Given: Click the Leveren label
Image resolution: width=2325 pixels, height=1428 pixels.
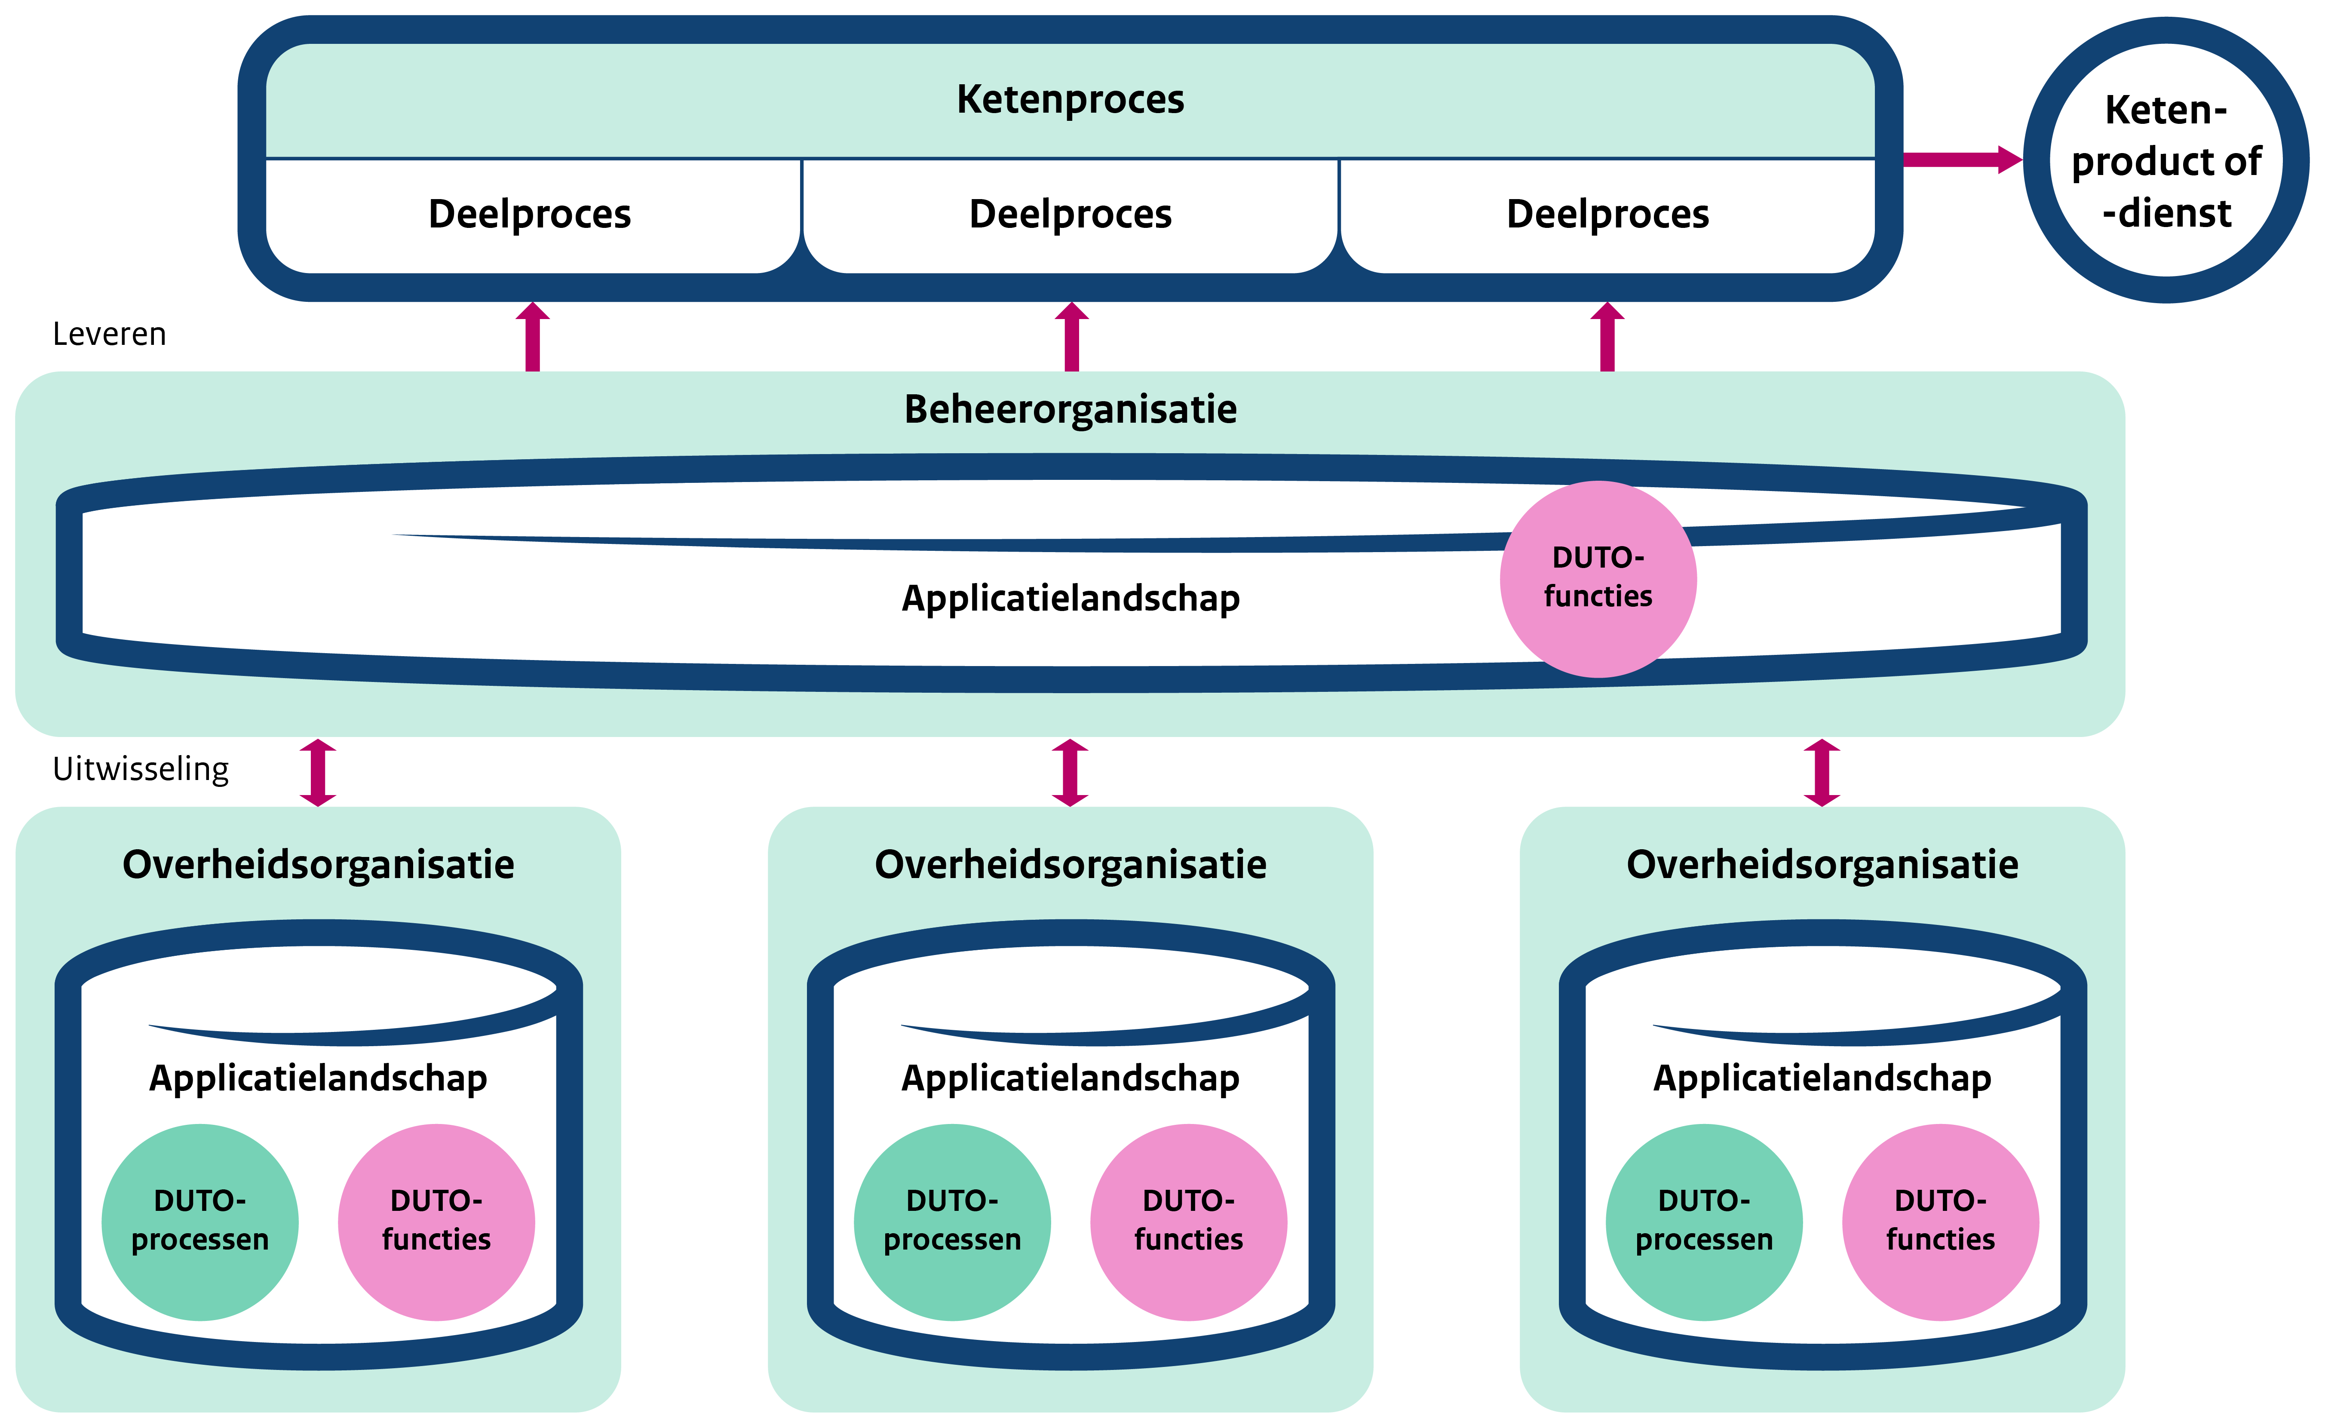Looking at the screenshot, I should click(x=110, y=335).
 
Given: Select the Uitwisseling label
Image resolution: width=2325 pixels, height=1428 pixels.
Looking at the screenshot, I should click(x=141, y=769).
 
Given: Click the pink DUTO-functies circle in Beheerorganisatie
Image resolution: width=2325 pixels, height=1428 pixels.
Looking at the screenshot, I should click(x=1598, y=578).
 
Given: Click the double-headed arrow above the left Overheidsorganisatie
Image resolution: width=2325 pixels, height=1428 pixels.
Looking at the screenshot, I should click(x=318, y=773).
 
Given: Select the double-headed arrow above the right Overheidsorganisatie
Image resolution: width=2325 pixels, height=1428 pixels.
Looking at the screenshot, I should click(x=1822, y=773).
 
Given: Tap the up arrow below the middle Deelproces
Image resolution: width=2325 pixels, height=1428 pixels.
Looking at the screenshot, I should click(x=1071, y=337).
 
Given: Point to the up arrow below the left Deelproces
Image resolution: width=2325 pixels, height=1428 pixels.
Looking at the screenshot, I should click(x=533, y=337).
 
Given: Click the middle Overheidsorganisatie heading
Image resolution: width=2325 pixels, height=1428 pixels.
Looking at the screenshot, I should click(x=1070, y=864).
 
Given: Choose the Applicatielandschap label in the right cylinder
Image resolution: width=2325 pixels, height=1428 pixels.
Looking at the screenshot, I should click(x=1822, y=1078).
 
